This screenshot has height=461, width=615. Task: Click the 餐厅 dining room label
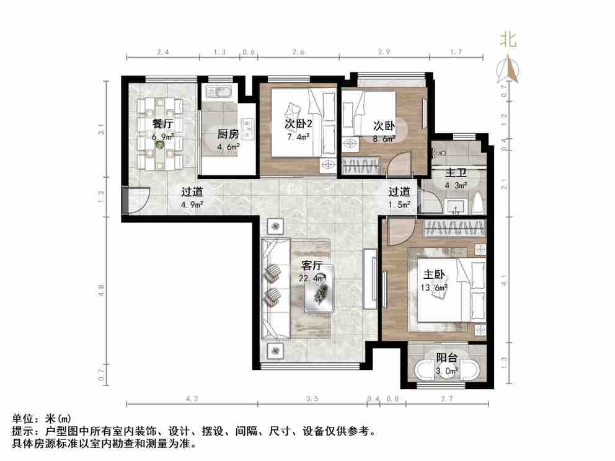(162, 123)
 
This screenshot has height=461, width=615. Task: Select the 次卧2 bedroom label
(298, 123)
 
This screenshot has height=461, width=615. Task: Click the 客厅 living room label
(312, 266)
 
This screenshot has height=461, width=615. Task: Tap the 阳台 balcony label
(446, 358)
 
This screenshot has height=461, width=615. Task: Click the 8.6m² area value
(384, 139)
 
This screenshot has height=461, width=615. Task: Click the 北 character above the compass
(508, 40)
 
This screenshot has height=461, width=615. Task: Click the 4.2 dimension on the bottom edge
(192, 399)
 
